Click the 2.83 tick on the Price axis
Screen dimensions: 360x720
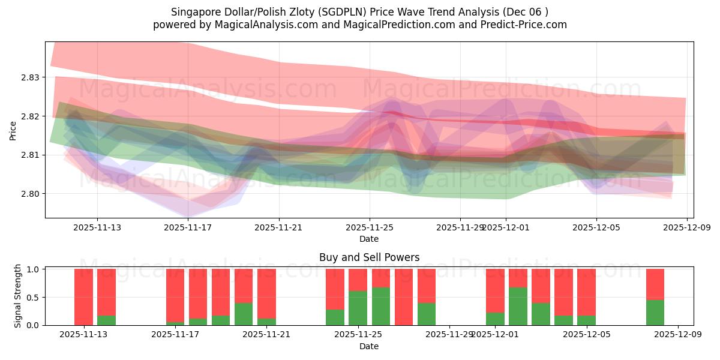(30, 77)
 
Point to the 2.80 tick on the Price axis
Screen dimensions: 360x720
(30, 194)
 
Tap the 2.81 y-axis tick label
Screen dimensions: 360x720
(30, 155)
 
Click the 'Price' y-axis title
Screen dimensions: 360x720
(13, 130)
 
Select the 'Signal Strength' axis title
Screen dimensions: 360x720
(18, 296)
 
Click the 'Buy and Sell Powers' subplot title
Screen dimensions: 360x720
(369, 257)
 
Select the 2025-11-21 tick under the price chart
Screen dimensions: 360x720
(279, 227)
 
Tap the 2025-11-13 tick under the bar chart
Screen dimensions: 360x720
(83, 335)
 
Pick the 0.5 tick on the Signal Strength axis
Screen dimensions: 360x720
(33, 297)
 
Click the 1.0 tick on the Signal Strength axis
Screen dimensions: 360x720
(33, 269)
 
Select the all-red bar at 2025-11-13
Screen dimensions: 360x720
(83, 297)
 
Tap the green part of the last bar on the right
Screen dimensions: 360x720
(655, 313)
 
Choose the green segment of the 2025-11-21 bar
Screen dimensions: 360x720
(266, 322)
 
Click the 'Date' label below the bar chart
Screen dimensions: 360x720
(369, 346)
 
